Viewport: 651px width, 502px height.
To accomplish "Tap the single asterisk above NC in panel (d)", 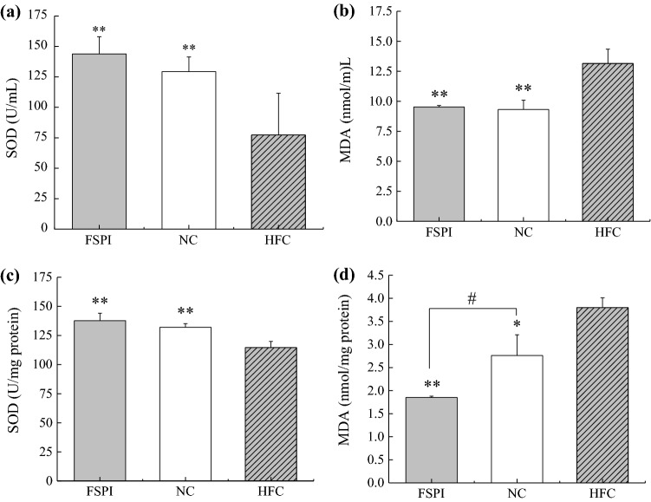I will point(516,324).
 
